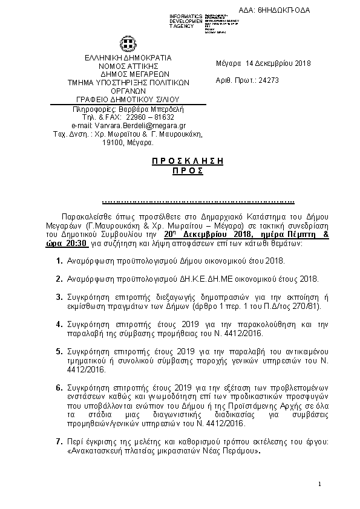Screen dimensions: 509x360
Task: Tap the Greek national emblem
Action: tap(128, 44)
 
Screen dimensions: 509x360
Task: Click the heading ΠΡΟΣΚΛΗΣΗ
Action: tap(187, 161)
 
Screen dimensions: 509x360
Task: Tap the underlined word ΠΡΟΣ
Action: tap(187, 171)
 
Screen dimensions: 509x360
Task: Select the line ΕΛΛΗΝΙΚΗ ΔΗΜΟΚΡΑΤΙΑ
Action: tap(128, 57)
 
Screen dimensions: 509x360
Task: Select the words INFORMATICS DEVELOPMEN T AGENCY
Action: tap(186, 21)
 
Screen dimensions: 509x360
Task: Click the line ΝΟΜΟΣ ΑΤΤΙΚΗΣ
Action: tap(128, 66)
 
